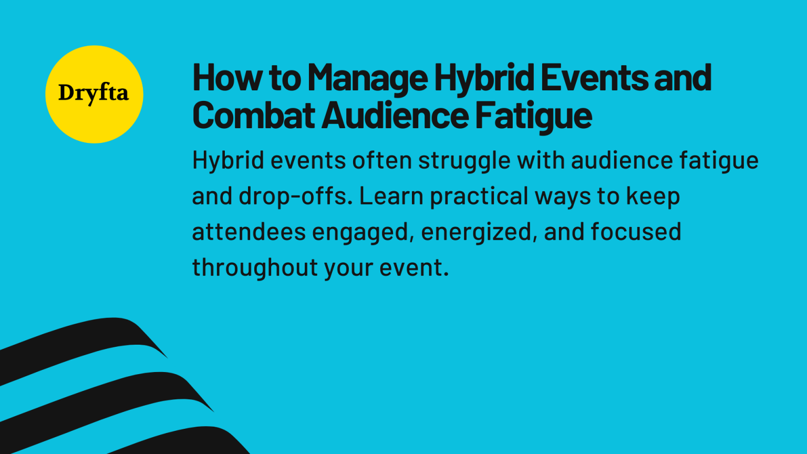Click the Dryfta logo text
(x=94, y=94)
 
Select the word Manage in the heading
(x=368, y=78)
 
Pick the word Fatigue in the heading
(x=533, y=116)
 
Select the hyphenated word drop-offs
(x=295, y=197)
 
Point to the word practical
(x=479, y=197)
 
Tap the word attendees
(x=249, y=232)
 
